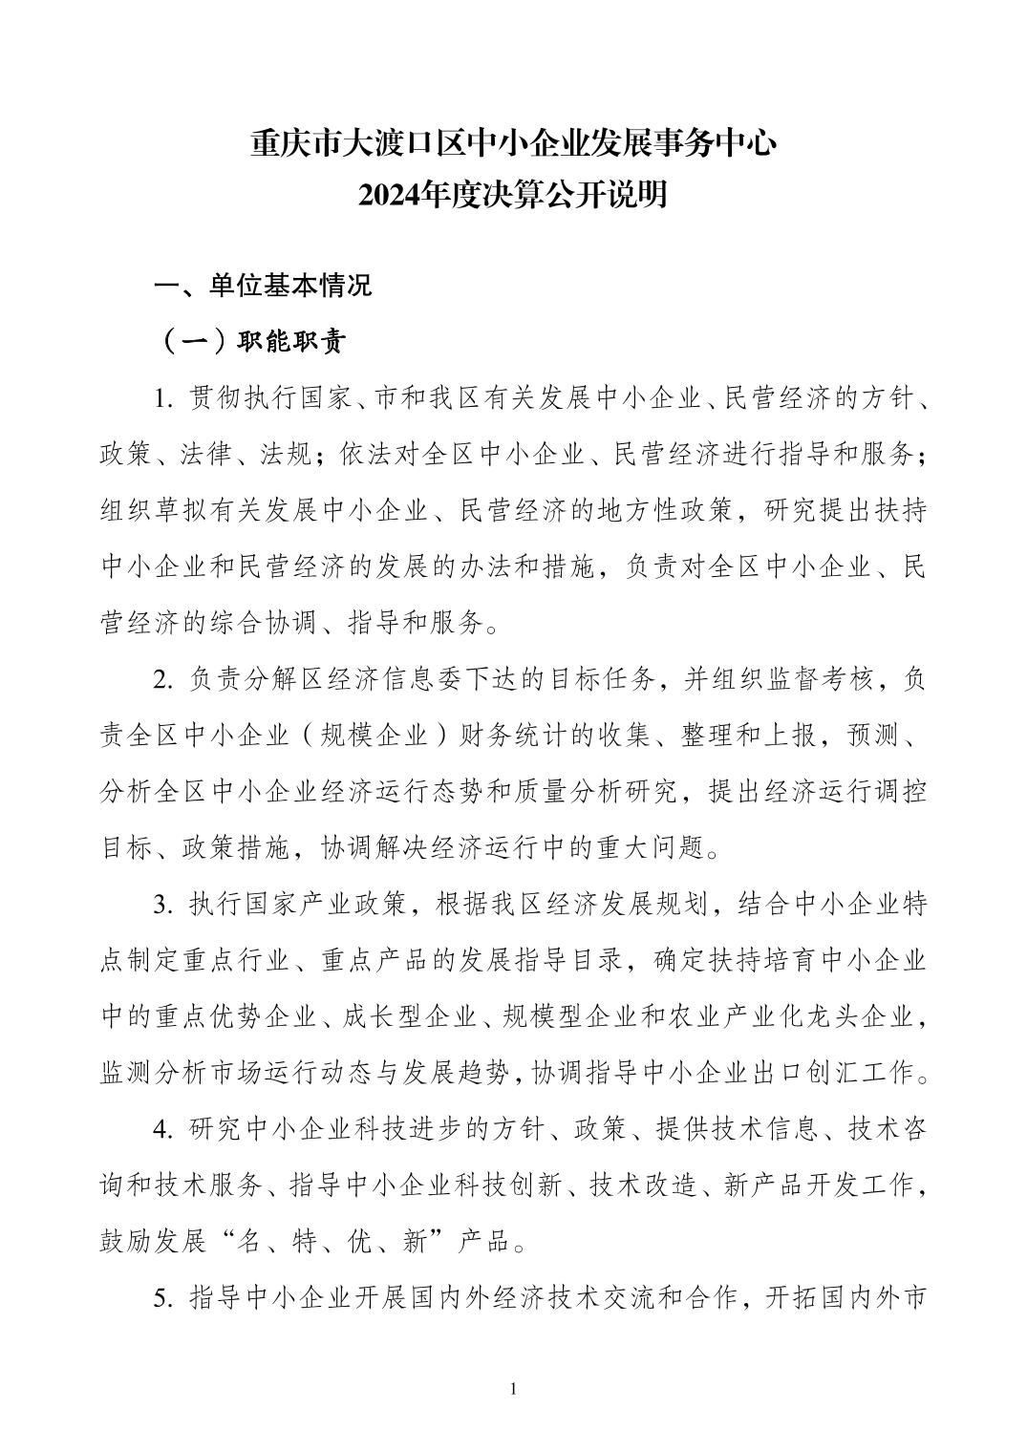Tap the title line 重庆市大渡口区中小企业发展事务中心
tap(513, 144)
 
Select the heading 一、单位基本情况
tap(264, 286)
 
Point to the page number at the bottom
tap(514, 1388)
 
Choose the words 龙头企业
tap(865, 1016)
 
